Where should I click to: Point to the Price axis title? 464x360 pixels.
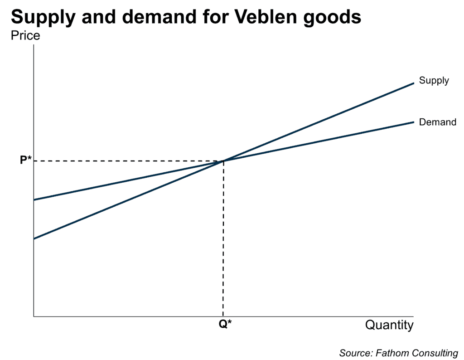25,35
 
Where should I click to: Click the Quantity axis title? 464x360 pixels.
389,325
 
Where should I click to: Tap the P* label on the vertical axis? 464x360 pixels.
26,161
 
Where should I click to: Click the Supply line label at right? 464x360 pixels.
434,81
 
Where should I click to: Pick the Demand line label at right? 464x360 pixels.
437,122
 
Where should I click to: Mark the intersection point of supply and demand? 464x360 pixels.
223,161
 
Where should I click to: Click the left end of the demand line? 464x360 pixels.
34,199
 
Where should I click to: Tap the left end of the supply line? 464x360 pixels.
34,238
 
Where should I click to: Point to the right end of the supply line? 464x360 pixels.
413,83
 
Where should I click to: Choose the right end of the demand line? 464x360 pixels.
413,122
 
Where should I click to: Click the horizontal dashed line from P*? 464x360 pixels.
127,161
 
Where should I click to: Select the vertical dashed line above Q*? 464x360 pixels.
223,240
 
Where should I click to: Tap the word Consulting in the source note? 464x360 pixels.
435,353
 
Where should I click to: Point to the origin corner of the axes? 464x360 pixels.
34,316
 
